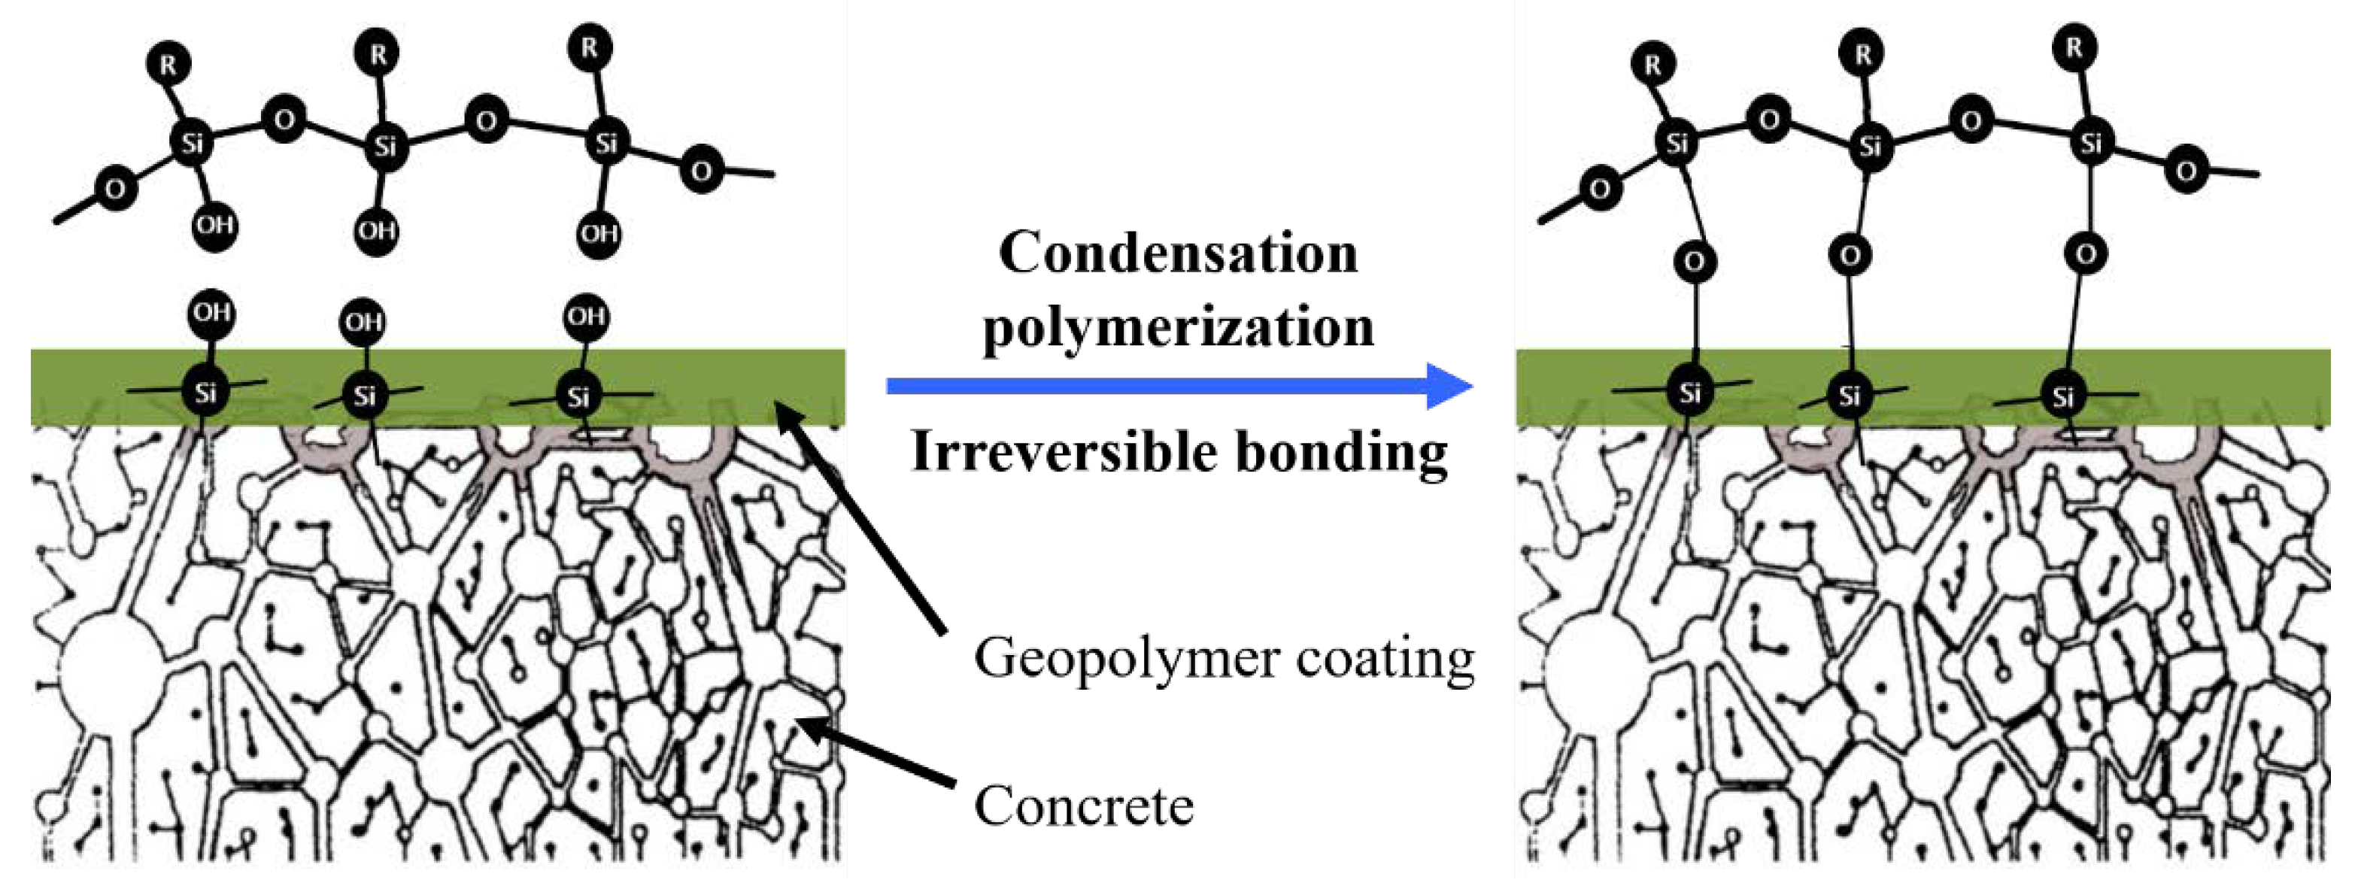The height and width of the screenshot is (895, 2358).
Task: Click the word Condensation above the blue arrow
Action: click(1178, 253)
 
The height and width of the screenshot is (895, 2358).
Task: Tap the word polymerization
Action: click(1178, 329)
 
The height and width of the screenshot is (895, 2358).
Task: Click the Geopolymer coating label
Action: click(1224, 658)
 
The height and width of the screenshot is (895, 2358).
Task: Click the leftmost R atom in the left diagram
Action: click(168, 64)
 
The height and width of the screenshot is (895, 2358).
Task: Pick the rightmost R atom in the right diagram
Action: click(2074, 47)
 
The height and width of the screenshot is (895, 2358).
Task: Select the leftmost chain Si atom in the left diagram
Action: click(191, 143)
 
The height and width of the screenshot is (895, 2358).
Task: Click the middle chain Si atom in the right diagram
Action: click(1870, 144)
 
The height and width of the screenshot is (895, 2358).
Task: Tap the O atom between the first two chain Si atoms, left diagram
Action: click(284, 120)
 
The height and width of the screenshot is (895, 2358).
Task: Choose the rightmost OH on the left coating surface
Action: click(586, 317)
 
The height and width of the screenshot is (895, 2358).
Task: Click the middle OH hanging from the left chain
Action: click(377, 229)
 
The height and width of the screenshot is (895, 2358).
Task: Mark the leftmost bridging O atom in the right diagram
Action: click(1693, 262)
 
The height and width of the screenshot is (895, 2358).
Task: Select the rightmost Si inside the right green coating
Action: click(2062, 396)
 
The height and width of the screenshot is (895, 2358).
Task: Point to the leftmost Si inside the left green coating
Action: click(205, 393)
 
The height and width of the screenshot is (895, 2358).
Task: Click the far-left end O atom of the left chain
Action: click(114, 190)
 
